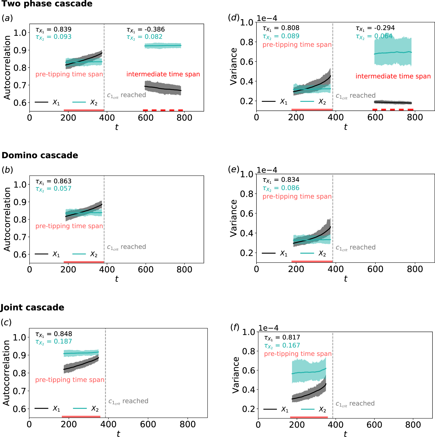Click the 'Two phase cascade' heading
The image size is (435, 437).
[x=47, y=4]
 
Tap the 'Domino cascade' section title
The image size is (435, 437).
[x=40, y=155]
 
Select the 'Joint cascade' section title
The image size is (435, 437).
[x=32, y=307]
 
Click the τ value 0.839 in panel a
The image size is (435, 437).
[x=63, y=29]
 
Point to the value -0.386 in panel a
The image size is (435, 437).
[x=155, y=29]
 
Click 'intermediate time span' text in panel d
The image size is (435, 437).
[x=393, y=76]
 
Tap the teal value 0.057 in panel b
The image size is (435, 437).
[x=63, y=189]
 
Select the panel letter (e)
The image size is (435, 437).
[x=234, y=169]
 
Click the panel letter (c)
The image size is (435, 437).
[x=6, y=322]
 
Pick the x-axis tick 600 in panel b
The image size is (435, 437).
[x=146, y=270]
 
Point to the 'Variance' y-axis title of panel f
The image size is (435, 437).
[x=236, y=375]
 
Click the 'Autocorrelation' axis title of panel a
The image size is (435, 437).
[x=7, y=68]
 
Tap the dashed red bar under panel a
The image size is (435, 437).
[x=163, y=110]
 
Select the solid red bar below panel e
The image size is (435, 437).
[x=312, y=262]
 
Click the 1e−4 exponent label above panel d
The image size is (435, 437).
[x=267, y=18]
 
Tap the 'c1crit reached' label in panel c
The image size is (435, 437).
[x=128, y=401]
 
